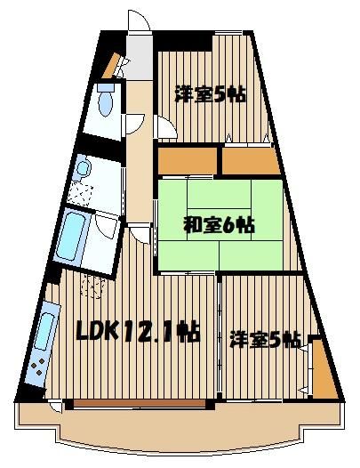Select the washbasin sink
83,168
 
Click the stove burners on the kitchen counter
38,367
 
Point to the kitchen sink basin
45,331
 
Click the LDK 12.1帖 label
138,331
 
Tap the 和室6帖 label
219,226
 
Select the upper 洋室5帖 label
210,94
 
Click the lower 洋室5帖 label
265,340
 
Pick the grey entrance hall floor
139,57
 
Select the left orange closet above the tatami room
188,160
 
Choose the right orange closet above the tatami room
251,160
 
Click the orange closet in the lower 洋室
324,370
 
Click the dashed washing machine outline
93,286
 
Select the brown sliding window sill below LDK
140,403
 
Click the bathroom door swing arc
106,226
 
